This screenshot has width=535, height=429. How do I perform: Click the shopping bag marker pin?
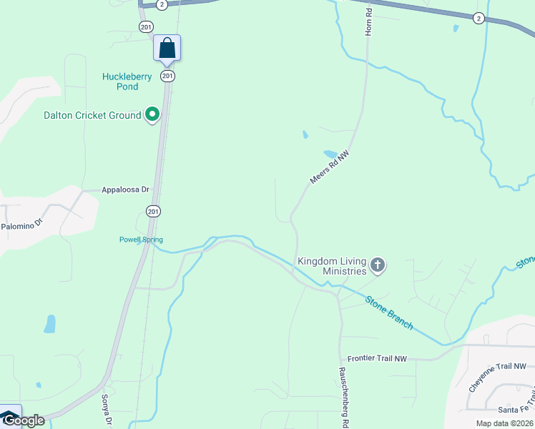[x=167, y=49]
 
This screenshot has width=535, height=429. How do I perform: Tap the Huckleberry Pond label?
[x=127, y=82]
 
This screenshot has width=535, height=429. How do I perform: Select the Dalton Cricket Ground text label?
[x=92, y=115]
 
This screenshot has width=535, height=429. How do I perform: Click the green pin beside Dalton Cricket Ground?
[x=152, y=114]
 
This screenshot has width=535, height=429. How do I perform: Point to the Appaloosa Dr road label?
[x=125, y=190]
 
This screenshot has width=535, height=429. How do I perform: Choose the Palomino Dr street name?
[x=22, y=225]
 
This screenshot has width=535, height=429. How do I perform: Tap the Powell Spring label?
[x=141, y=240]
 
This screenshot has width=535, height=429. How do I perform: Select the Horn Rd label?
[x=369, y=23]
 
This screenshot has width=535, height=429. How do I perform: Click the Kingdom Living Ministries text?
[x=332, y=266]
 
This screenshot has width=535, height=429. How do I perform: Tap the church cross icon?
[x=378, y=267]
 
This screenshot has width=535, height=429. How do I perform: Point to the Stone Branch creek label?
[x=389, y=312]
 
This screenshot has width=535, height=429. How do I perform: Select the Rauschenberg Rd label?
[x=343, y=398]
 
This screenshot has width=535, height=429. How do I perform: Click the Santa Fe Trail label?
[x=516, y=410]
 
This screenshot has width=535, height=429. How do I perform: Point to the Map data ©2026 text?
[x=504, y=423]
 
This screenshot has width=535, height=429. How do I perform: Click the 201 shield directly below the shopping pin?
[x=167, y=76]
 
